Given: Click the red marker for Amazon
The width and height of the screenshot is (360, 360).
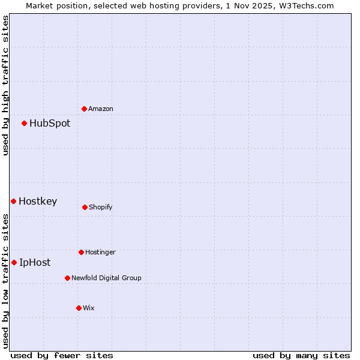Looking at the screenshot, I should [85, 109].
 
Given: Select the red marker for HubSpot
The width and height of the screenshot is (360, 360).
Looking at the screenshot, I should [25, 124].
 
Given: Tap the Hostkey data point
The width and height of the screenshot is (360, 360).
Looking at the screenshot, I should [14, 201].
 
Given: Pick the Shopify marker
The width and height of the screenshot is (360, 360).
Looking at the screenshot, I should [85, 207].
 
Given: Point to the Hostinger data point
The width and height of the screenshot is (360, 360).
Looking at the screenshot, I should [82, 252].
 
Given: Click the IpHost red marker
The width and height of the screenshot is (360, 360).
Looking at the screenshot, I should [14, 262].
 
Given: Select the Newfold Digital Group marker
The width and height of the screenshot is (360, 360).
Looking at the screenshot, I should [68, 278].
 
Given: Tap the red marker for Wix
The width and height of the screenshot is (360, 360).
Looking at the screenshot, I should [79, 308].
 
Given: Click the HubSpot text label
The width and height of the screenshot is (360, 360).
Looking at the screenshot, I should [50, 124].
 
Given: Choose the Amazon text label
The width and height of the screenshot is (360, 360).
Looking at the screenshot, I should [101, 109].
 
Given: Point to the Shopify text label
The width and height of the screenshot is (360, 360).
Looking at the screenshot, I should [101, 207].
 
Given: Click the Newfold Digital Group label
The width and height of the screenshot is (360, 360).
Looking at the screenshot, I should [106, 278].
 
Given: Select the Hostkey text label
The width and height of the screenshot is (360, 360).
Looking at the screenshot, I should [38, 202].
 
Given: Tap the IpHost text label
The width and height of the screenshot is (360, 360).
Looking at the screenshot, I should [35, 262].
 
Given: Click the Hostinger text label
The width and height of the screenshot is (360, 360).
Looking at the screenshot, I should [100, 252].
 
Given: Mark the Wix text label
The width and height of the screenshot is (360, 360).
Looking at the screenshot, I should [89, 308].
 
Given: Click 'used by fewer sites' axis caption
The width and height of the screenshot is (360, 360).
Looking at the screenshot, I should [62, 355].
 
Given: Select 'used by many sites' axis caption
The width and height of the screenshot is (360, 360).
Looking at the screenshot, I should [301, 355].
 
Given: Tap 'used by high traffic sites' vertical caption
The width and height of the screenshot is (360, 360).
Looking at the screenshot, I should [5, 85].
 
